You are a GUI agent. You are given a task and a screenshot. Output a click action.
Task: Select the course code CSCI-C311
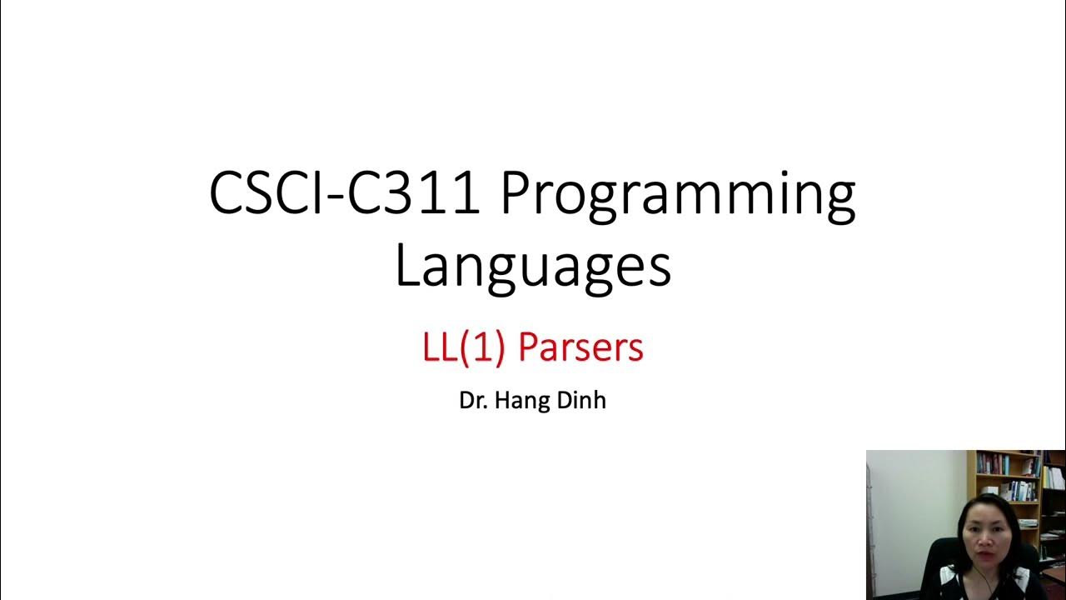[x=344, y=193]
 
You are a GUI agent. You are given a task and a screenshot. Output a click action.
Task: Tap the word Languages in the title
[x=533, y=267]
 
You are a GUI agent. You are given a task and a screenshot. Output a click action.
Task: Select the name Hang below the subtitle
[x=519, y=400]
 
